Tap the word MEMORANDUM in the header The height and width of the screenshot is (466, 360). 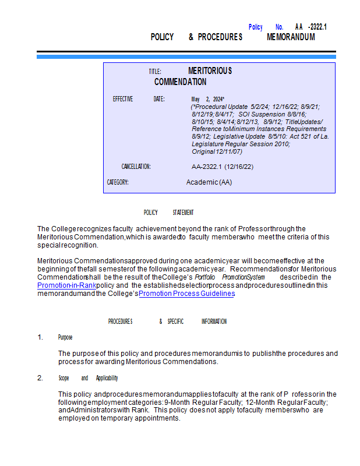[x=291, y=37]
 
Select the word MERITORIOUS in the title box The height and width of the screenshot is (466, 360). [x=210, y=70]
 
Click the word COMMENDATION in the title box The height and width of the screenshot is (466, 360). [x=180, y=82]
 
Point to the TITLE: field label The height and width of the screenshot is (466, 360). [x=154, y=71]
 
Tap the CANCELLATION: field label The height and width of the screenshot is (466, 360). [x=136, y=167]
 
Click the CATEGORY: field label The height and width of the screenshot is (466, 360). [x=118, y=182]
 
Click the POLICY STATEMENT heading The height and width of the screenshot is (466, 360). [x=168, y=213]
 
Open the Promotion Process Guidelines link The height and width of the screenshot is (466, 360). [x=186, y=294]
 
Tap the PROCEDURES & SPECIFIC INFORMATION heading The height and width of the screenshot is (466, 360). [x=167, y=321]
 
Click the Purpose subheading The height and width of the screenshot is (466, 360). [x=65, y=337]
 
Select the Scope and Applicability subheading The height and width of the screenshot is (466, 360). [x=88, y=378]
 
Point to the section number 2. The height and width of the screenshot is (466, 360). [x=40, y=378]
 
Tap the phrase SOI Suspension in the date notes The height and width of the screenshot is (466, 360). [x=262, y=114]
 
